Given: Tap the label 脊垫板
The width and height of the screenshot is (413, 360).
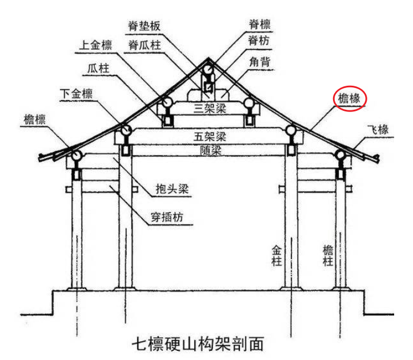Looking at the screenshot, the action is point(147,25).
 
